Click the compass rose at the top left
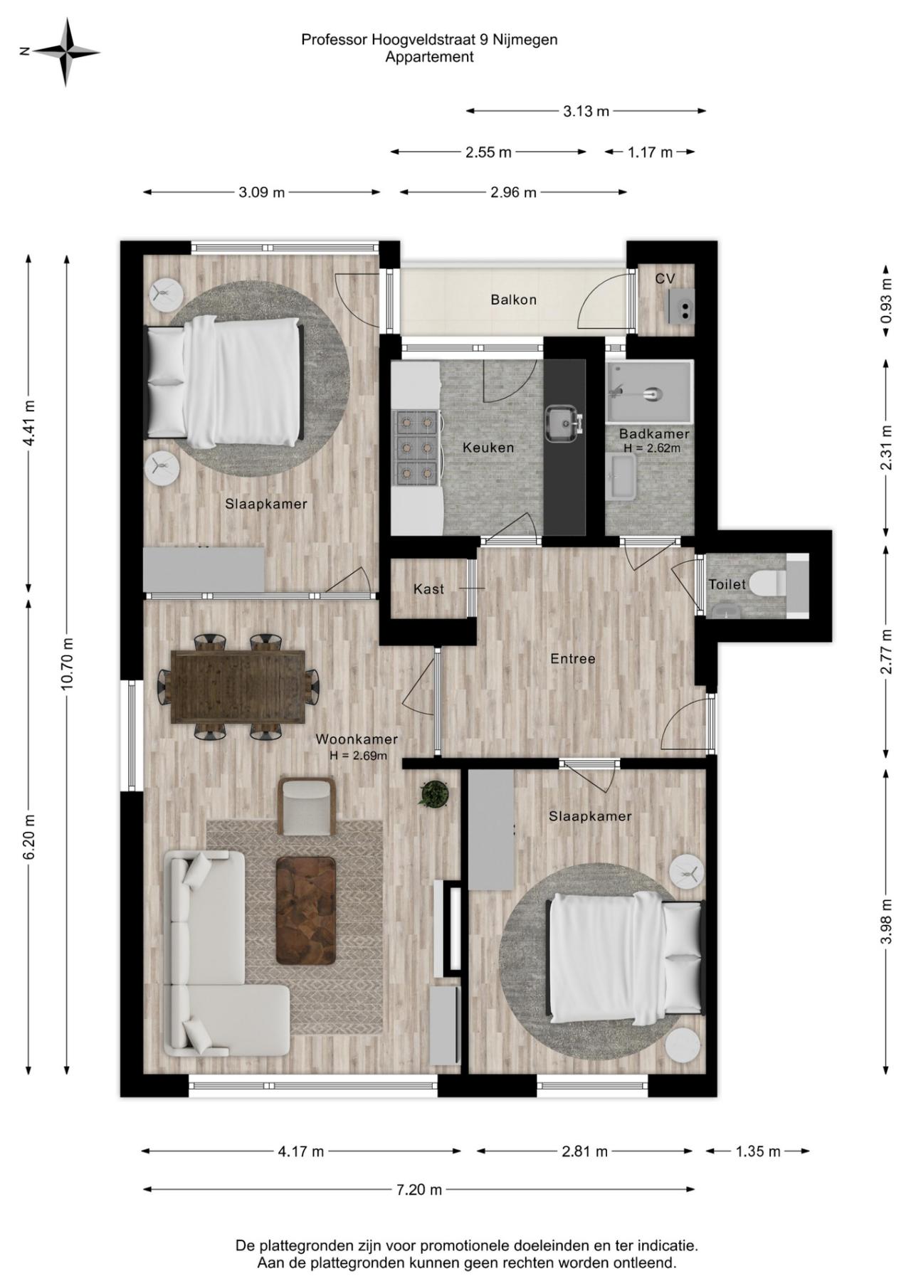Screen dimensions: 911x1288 66,51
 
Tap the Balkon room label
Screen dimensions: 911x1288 513,300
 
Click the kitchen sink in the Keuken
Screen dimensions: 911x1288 564,424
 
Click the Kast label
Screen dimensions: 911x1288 428,589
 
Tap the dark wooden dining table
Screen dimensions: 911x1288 238,687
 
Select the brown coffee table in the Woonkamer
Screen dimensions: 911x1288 306,911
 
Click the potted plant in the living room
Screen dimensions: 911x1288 434,793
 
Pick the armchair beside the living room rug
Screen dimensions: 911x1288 307,806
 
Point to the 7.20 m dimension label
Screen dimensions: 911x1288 419,1189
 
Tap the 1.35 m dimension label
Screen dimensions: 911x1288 758,1151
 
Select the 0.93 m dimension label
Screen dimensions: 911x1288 886,300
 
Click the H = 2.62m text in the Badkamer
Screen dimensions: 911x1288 652,448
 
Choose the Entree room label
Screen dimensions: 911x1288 573,659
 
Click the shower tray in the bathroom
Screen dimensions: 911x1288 649,391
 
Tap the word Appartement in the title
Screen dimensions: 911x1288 429,58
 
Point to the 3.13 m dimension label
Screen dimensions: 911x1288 586,111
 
